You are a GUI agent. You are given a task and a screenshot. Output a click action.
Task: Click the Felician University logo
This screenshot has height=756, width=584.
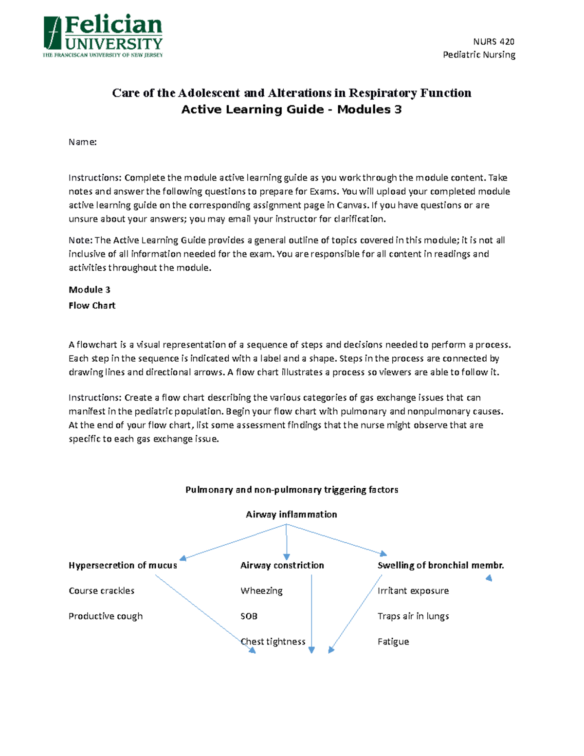[x=103, y=36]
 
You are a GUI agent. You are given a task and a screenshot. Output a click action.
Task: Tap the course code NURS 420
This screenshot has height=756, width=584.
[x=493, y=41]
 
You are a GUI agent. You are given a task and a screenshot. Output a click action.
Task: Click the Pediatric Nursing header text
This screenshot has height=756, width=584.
[x=479, y=55]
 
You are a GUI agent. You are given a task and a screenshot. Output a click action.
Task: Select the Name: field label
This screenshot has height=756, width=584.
[x=83, y=142]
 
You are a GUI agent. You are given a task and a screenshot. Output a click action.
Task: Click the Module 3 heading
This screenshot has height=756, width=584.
[x=90, y=290]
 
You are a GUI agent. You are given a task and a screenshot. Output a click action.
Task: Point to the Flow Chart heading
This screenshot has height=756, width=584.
[x=92, y=305]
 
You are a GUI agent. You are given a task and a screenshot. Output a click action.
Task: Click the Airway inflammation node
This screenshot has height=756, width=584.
[x=291, y=514]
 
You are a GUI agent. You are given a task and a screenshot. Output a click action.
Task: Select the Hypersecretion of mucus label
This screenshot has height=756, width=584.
[x=123, y=565]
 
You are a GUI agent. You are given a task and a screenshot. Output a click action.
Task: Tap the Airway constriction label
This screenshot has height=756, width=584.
[x=282, y=565]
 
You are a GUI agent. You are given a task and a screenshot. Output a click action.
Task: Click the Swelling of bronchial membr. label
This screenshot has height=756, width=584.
[x=440, y=565]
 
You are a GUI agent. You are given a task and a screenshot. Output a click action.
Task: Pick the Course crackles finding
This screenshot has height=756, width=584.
[x=101, y=590]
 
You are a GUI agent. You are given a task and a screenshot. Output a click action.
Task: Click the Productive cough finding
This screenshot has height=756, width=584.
[x=106, y=616]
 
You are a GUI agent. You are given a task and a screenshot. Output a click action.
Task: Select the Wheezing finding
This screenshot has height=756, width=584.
[x=261, y=590]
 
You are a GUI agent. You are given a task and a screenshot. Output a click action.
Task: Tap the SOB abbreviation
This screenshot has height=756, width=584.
[x=249, y=616]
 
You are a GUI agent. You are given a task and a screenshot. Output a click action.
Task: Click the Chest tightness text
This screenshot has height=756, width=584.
[x=273, y=642]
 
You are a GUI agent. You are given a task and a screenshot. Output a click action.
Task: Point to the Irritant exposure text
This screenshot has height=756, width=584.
[x=413, y=590]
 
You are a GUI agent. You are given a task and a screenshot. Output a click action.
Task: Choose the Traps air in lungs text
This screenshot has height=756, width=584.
[x=413, y=616]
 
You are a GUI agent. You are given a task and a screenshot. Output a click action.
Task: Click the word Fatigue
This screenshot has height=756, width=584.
[x=393, y=642]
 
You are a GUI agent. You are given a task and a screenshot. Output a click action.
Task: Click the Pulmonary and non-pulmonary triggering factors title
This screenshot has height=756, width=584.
[x=292, y=490]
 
